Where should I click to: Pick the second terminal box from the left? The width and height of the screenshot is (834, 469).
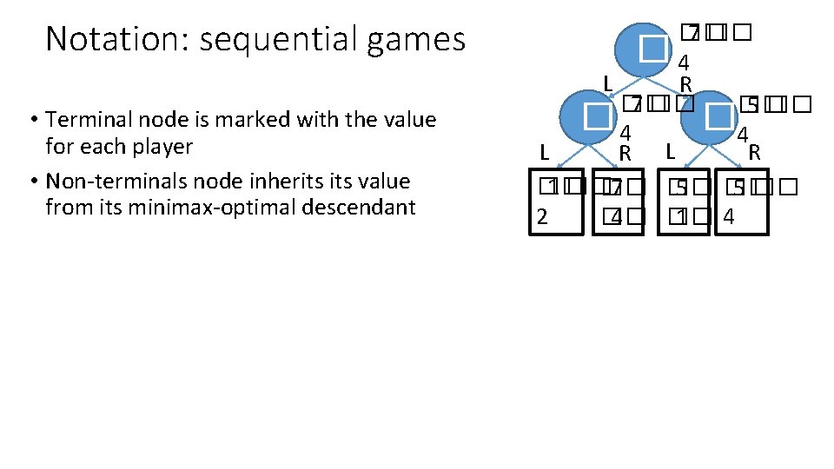tap(620, 202)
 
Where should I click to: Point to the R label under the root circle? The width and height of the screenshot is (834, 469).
tap(685, 84)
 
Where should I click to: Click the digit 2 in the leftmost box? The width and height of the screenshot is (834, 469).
tap(542, 216)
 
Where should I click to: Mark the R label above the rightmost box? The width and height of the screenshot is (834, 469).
tap(755, 153)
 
